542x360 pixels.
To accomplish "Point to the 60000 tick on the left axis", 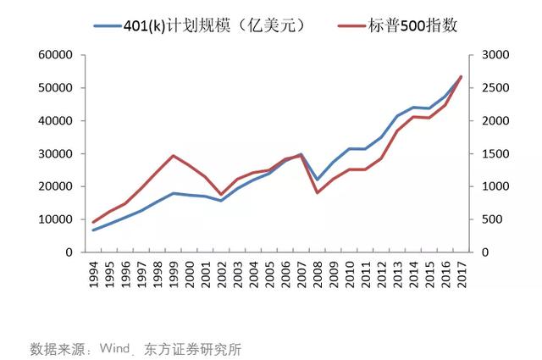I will point(54,55).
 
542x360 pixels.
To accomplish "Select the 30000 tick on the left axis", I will point(54,153).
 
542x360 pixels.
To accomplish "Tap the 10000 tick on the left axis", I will point(54,219).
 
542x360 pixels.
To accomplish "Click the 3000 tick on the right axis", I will point(495,55).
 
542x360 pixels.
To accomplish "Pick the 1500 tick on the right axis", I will point(495,153).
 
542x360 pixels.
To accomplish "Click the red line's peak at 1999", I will point(173,156).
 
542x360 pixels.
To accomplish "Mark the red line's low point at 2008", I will point(317,192).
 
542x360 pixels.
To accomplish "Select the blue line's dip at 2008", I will point(317,180).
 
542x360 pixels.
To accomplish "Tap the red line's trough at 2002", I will point(221,195).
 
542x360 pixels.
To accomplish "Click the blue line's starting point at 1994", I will point(93,230).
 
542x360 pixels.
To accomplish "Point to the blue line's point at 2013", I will point(396,116).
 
